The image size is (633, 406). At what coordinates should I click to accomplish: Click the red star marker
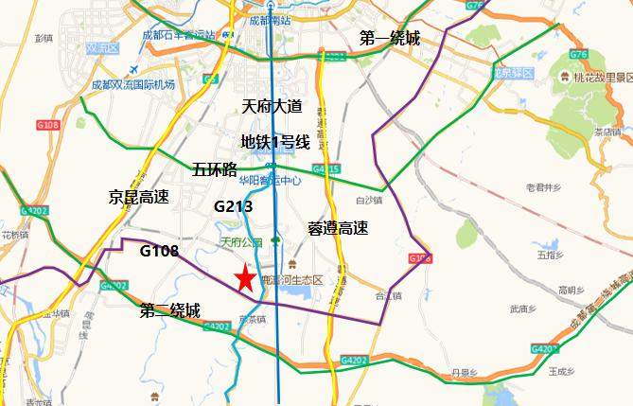tap(245, 278)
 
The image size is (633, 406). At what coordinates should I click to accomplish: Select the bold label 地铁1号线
tap(275, 142)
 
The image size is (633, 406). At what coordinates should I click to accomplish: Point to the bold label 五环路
tap(214, 170)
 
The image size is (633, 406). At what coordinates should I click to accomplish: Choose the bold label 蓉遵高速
tap(338, 228)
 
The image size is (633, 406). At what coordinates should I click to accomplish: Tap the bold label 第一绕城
tap(389, 38)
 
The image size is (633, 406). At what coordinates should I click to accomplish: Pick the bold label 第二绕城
tap(169, 310)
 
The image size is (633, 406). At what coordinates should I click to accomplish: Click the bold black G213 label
tap(233, 205)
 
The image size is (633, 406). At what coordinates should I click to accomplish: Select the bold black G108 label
tap(159, 251)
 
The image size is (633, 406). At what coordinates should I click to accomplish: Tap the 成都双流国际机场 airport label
tap(133, 84)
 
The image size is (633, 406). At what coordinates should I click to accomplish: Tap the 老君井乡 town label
tap(543, 187)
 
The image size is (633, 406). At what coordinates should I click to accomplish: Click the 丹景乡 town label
tap(463, 372)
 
